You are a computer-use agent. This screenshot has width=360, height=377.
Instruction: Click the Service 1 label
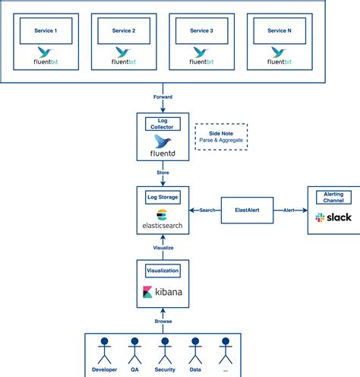46,30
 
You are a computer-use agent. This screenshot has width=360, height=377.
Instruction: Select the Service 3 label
200,30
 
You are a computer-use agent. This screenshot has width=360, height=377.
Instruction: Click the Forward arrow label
163,97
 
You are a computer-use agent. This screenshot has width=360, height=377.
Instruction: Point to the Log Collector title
163,124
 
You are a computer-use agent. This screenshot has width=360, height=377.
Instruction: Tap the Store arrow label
163,173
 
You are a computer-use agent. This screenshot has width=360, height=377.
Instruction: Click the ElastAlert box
247,210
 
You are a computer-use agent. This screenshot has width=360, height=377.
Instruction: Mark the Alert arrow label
289,210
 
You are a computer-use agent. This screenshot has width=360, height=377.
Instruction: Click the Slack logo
333,217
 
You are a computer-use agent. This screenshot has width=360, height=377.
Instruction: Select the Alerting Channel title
333,198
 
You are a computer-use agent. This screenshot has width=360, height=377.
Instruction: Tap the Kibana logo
163,292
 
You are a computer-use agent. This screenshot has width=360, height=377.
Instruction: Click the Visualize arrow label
163,247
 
